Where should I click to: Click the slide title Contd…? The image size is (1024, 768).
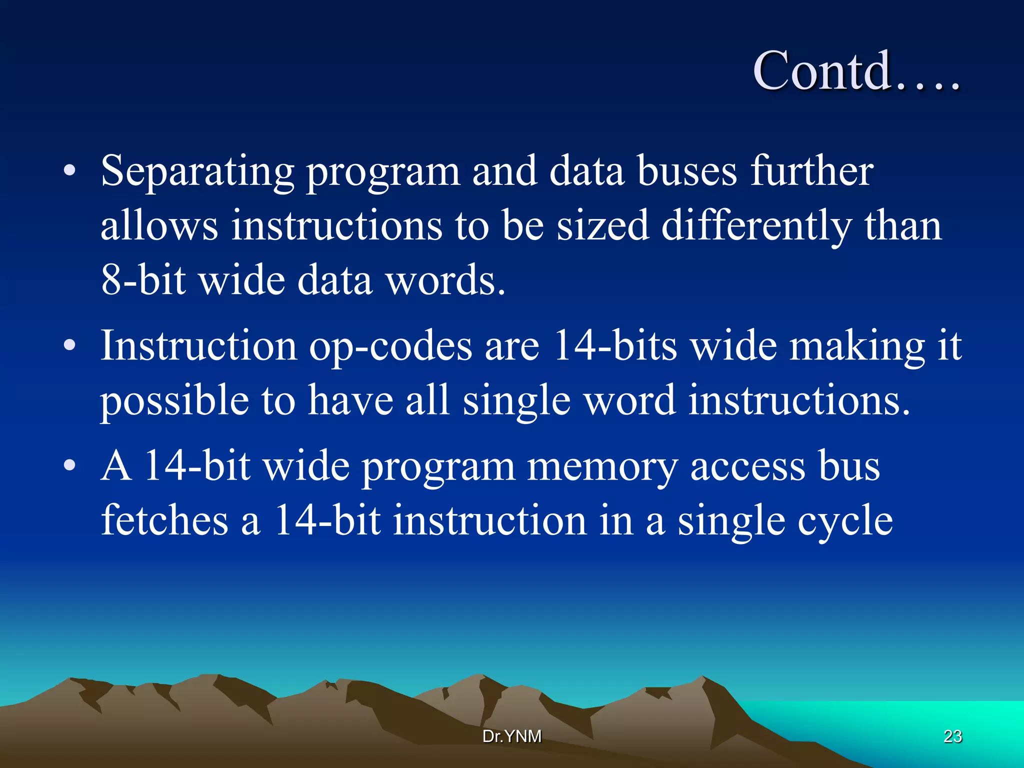coord(856,71)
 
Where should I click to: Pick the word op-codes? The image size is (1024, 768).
coord(390,346)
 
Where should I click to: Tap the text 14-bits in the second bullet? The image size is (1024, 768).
coord(615,346)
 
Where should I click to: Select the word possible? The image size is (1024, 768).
coord(174,401)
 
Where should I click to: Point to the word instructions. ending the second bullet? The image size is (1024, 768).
coord(799,401)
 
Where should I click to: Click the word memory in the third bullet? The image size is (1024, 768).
coord(602,466)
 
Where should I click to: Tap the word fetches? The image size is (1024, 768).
coord(164,521)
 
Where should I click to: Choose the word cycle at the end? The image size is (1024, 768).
coord(844,521)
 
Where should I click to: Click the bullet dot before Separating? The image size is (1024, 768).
coord(69,171)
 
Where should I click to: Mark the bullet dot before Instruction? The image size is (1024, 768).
coord(69,345)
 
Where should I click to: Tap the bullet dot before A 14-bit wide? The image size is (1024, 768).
coord(69,466)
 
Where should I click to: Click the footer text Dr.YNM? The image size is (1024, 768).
coord(511,736)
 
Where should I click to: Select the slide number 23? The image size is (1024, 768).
coord(952,736)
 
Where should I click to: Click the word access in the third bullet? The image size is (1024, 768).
coord(747,466)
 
